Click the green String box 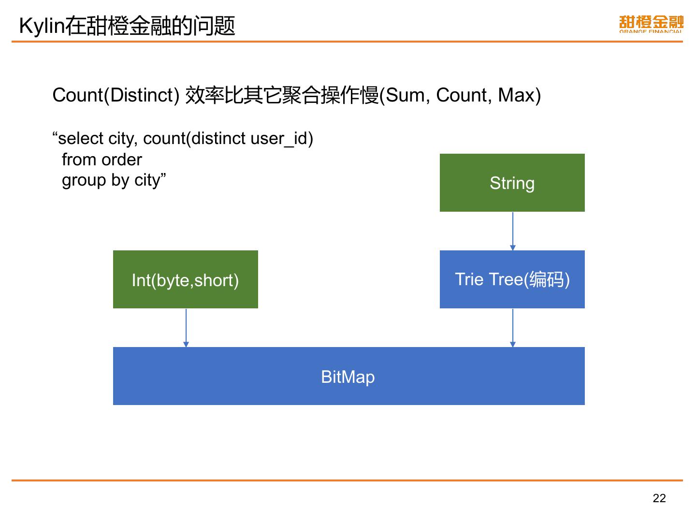(512, 183)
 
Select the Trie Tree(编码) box (512, 279)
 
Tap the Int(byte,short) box (185, 279)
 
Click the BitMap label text (348, 377)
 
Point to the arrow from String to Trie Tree (513, 231)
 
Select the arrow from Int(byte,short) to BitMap (186, 328)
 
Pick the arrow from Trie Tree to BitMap (513, 328)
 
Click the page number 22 (659, 498)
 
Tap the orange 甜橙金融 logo (651, 24)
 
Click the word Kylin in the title (42, 26)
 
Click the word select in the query (80, 139)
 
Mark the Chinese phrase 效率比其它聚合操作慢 (282, 95)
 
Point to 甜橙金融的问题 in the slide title (150, 26)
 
